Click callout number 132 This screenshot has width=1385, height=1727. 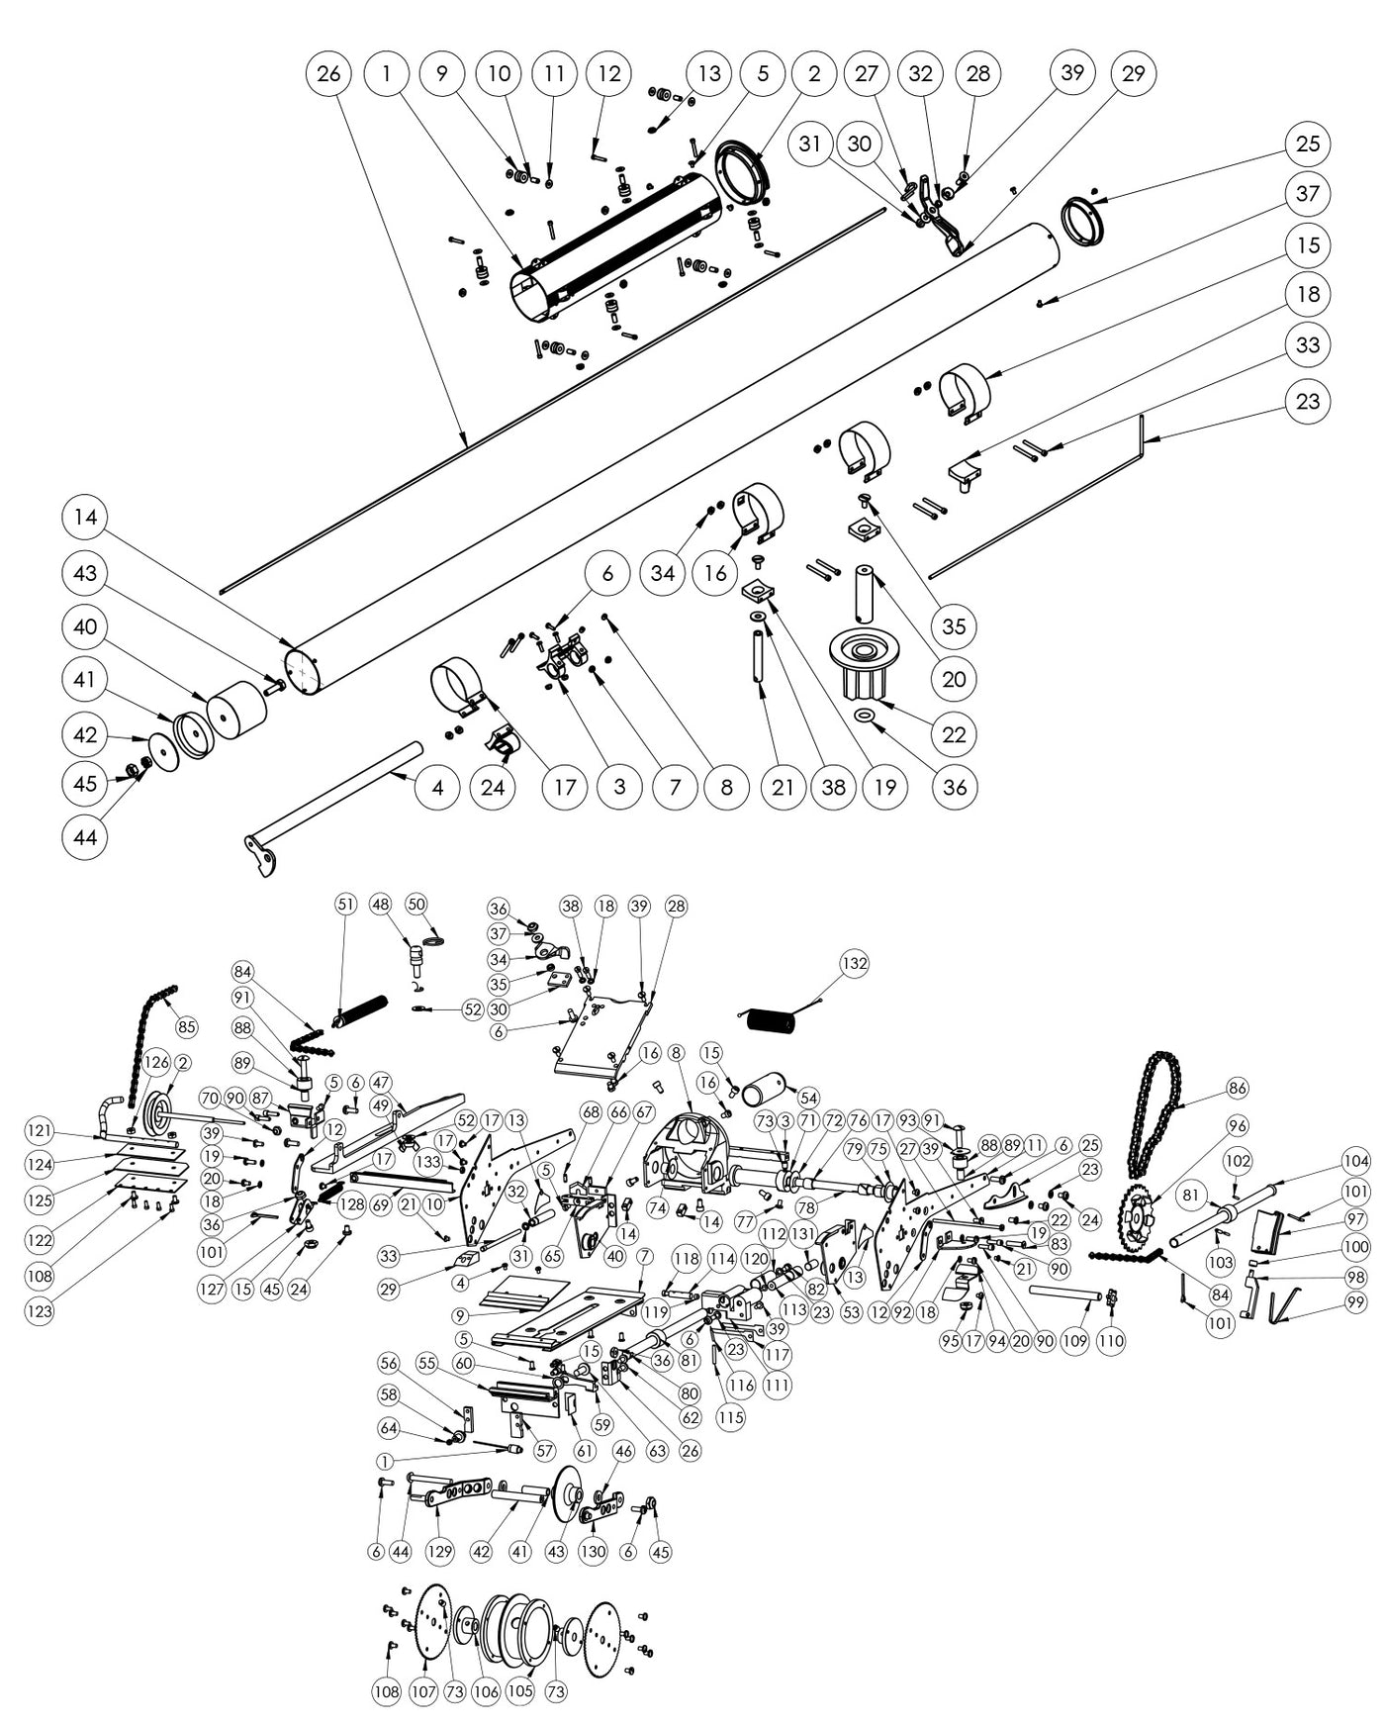tap(854, 963)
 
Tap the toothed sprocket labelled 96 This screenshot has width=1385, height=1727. tap(1138, 1219)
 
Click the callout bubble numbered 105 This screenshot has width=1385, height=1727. tap(520, 1691)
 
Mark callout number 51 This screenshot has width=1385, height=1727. tap(345, 904)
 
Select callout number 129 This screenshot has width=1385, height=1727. tap(440, 1551)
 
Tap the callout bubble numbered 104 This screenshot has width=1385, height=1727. tap(1356, 1161)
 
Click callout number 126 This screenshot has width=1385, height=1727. tap(155, 1062)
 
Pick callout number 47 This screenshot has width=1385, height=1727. tap(381, 1083)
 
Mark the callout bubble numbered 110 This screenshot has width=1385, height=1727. tap(1112, 1341)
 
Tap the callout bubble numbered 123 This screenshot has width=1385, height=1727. tap(41, 1311)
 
